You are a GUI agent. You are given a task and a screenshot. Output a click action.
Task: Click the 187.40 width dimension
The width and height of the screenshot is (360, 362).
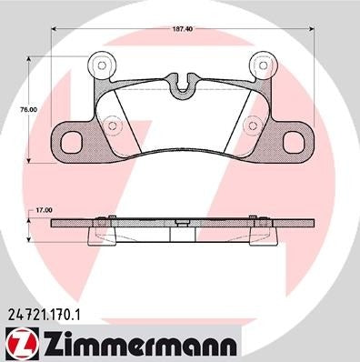(x=183, y=28)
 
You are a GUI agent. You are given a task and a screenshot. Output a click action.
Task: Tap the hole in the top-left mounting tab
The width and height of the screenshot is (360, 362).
(x=102, y=66)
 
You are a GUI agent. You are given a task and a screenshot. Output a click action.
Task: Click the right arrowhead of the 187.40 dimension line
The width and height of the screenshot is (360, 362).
(x=314, y=28)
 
